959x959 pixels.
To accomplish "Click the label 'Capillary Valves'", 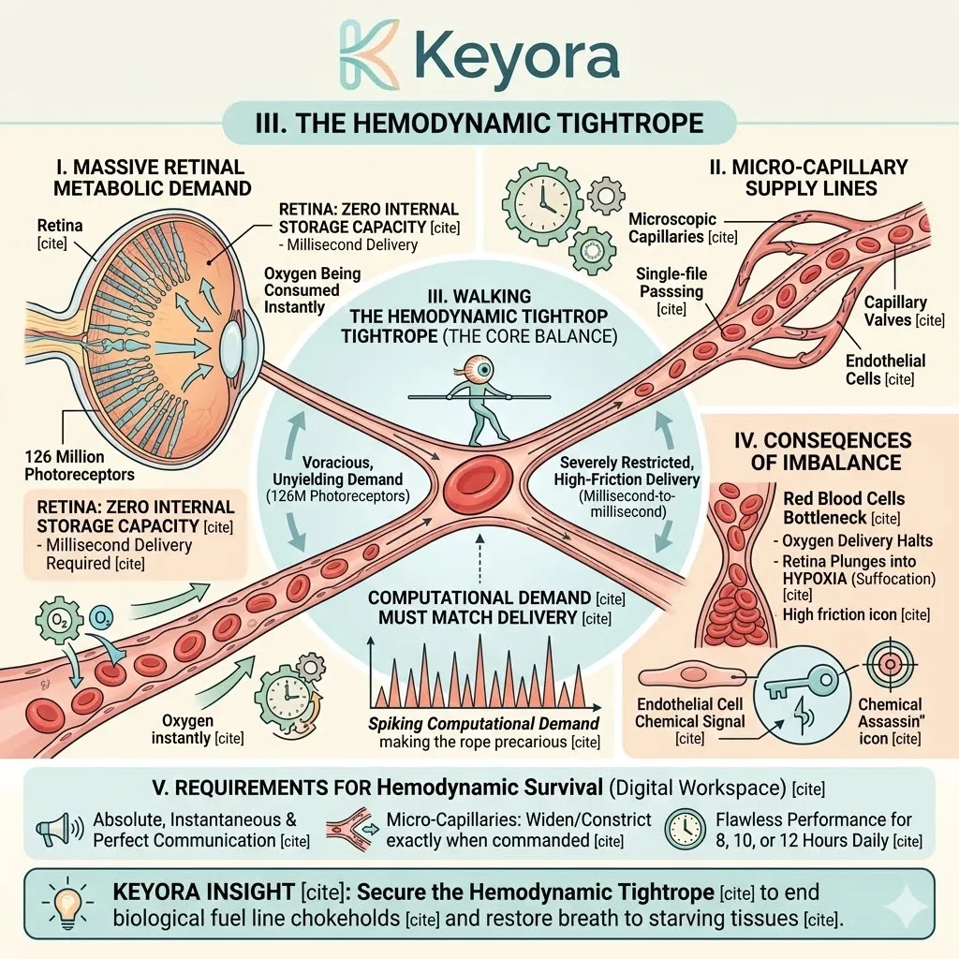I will point(895,311).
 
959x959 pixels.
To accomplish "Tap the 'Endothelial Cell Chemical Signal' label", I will point(690,720).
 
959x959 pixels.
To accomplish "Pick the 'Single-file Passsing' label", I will point(671,290).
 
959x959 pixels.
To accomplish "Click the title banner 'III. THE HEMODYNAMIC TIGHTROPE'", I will point(479,124).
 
